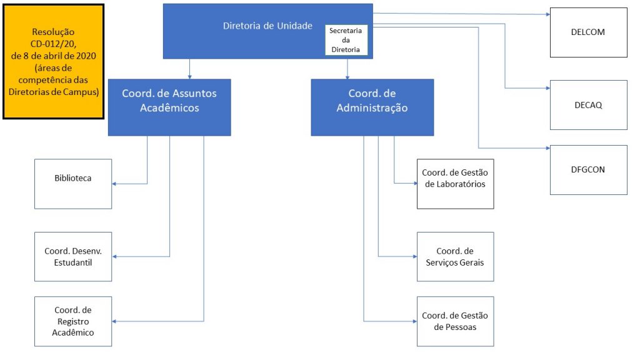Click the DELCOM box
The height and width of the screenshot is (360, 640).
tap(588, 32)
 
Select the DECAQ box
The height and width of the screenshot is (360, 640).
tap(588, 105)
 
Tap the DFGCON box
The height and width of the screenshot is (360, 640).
tap(588, 170)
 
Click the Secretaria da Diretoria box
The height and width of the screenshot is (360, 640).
tap(346, 40)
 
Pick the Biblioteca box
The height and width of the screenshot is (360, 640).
tap(73, 184)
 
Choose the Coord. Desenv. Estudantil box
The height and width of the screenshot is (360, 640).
tap(73, 257)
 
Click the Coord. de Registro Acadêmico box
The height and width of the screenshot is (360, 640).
tap(73, 322)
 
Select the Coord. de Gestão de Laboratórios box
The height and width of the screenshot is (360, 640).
tap(455, 184)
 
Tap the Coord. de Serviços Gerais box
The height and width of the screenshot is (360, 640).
tap(455, 257)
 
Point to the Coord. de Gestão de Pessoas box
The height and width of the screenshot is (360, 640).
tap(455, 322)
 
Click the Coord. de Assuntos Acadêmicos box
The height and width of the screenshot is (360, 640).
tap(169, 107)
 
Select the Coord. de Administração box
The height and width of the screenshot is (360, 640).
tap(372, 107)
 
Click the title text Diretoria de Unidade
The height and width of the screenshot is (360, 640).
tap(267, 26)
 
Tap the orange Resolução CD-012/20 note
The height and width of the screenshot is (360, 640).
tap(54, 62)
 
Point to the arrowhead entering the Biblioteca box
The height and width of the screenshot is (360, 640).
tap(114, 184)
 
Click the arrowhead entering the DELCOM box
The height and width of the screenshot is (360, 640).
tap(547, 14)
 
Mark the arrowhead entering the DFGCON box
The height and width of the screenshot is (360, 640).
tap(547, 148)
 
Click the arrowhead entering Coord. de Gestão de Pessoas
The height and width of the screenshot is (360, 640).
tap(414, 321)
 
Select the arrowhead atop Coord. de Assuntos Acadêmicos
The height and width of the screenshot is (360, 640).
tap(189, 76)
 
